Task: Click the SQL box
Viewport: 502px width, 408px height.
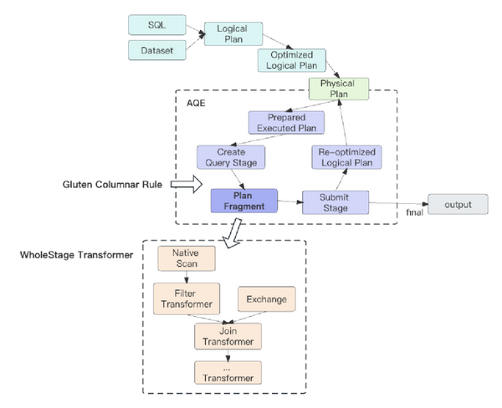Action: point(156,26)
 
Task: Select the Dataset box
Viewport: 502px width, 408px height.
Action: point(156,51)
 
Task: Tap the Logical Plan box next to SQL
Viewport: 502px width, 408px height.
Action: point(232,33)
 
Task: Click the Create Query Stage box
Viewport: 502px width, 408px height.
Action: point(232,156)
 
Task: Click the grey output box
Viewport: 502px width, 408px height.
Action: point(458,204)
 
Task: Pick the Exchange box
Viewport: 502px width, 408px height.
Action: point(266,298)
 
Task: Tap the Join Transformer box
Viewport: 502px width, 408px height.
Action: point(228,335)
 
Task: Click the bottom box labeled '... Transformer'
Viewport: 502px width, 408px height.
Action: point(228,372)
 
